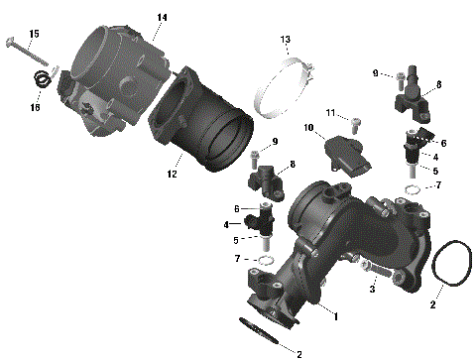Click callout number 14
point(162,18)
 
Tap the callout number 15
point(34,35)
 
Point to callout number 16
point(34,107)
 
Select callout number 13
point(285,40)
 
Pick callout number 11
point(331,112)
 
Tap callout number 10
point(308,128)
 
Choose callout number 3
point(372,290)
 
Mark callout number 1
point(335,316)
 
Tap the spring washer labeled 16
point(41,83)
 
